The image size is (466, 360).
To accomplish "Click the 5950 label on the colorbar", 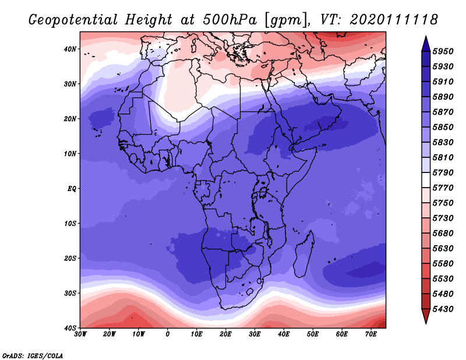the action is tap(443, 51).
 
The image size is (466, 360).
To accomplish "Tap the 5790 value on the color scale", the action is tap(443, 172).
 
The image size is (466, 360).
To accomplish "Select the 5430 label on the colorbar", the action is tap(443, 309).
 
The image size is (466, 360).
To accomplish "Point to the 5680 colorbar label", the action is tap(443, 234).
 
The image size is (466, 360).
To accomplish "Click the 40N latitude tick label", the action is tap(70, 49).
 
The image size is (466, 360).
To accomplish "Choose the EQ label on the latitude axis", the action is tap(72, 189).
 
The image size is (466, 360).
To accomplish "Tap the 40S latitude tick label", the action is tap(70, 328).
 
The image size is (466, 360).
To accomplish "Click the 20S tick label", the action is tap(70, 258).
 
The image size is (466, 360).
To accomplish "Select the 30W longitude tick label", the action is tap(80, 334).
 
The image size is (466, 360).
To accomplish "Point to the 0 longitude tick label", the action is tap(168, 334).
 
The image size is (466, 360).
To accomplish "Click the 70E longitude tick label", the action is tap(371, 334).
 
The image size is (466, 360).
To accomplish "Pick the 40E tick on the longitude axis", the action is tap(284, 334).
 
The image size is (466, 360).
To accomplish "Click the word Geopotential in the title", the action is tap(73, 20).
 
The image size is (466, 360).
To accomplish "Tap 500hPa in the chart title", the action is tap(230, 20).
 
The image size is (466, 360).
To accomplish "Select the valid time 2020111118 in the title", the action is tap(394, 20).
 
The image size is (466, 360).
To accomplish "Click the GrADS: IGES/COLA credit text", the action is tap(33, 355).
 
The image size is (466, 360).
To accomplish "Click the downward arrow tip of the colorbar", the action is tap(426, 323).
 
